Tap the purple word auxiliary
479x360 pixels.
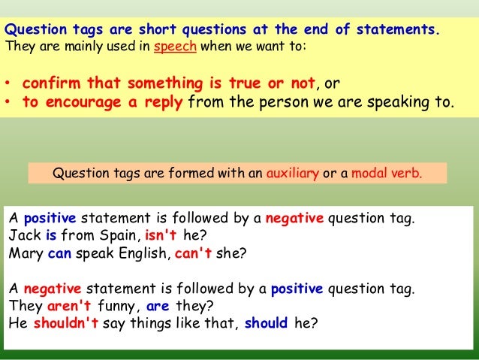pyautogui.click(x=293, y=174)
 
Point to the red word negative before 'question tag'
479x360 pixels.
pyautogui.click(x=294, y=219)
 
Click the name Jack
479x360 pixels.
pyautogui.click(x=23, y=235)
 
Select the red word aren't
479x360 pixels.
pyautogui.click(x=67, y=307)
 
